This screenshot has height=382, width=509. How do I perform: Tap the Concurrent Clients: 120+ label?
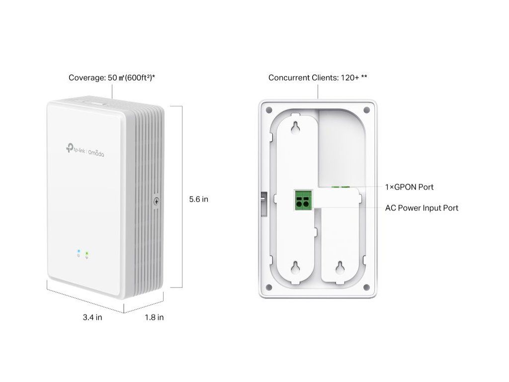318,78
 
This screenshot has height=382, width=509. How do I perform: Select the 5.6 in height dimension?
198,199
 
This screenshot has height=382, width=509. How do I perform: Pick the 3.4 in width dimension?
92,317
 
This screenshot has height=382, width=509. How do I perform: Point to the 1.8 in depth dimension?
154,317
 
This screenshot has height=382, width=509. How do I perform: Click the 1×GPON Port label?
409,187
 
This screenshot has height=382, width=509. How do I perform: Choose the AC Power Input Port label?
422,208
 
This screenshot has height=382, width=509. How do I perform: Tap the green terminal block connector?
302,199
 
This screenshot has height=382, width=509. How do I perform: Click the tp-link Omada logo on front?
84,150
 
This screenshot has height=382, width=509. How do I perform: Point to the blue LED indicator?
78,253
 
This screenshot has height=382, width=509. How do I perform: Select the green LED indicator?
87,254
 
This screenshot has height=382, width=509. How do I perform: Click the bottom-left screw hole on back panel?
268,287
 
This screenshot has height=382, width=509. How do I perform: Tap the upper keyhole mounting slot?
296,127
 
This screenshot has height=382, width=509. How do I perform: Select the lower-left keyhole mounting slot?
296,268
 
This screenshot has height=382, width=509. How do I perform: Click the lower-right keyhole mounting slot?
340,268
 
